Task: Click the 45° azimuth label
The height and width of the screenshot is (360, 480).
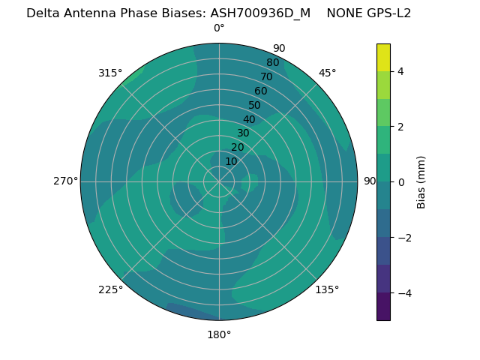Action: [x=328, y=73]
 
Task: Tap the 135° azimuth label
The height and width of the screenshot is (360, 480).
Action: [x=327, y=289]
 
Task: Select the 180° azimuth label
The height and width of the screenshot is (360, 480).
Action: [x=219, y=334]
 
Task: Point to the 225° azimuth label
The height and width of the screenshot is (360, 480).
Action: [x=110, y=289]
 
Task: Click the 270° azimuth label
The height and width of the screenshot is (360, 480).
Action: [x=65, y=181]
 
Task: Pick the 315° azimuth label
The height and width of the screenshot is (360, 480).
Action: [x=110, y=73]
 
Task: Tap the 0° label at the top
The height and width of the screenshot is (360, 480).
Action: [x=219, y=28]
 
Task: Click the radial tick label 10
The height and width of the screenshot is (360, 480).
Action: [x=231, y=161]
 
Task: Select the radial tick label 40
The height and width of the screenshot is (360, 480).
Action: [x=249, y=120]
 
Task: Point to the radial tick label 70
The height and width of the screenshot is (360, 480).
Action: [x=266, y=77]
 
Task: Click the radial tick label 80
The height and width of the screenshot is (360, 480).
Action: [x=272, y=63]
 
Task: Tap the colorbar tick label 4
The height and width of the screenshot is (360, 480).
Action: [x=400, y=71]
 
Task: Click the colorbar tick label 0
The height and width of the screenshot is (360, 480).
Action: [x=400, y=182]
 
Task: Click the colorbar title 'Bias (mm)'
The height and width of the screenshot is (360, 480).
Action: [x=421, y=182]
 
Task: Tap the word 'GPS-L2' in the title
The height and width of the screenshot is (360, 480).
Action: [x=385, y=13]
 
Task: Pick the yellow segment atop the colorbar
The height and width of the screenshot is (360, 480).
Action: [x=383, y=57]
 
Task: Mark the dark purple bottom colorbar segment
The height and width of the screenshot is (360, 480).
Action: [x=383, y=307]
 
